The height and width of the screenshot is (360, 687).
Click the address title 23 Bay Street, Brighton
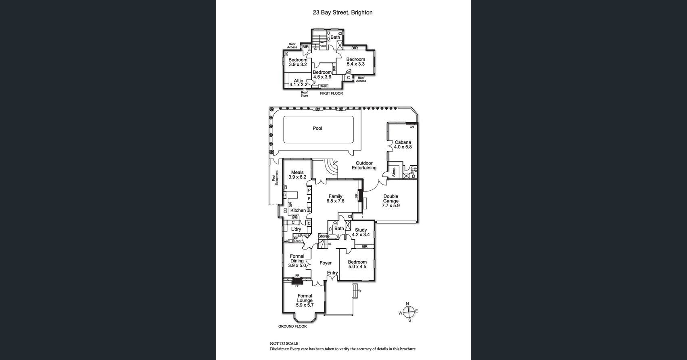pos(342,12)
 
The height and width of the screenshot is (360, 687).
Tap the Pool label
pos(317,129)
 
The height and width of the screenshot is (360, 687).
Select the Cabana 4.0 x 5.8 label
pos(403,145)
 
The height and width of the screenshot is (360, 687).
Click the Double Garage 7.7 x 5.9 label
pos(390,201)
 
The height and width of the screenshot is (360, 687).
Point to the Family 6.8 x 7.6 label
pos(335,199)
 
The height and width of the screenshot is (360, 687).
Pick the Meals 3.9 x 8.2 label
pos(297,175)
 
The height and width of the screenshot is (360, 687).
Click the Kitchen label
pos(298,210)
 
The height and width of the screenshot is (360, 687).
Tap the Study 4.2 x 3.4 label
pos(361,232)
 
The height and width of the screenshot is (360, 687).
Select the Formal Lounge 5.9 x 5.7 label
pos(305,301)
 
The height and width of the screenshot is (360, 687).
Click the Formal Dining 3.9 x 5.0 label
pos(297,261)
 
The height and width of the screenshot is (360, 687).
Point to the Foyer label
pos(326,263)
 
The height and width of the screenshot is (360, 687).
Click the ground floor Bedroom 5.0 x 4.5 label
pos(357,264)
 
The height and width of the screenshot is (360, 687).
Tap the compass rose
pos(409,312)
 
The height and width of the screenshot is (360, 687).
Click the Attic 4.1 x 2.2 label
pos(298,83)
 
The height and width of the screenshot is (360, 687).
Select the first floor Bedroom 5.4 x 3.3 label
pos(355,62)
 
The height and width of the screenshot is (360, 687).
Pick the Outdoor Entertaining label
pos(364,166)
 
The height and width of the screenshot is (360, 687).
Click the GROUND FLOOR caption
pos(292,327)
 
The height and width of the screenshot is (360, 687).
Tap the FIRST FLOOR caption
pos(331,94)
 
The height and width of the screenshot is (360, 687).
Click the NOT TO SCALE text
pos(284,343)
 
